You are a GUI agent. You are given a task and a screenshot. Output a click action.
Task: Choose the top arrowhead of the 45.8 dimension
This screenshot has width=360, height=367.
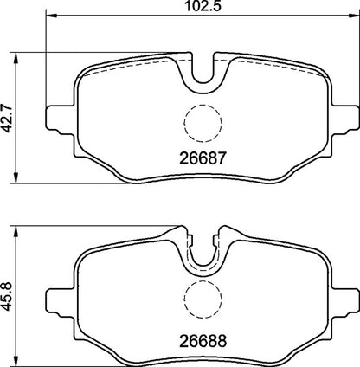(20, 228)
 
